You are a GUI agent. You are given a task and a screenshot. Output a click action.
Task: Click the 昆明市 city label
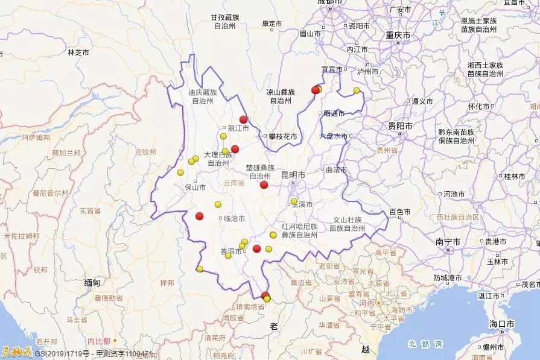tap(293, 175)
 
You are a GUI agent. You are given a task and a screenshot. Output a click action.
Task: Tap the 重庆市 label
tap(398, 36)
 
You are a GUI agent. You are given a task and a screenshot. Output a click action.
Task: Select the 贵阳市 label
tap(400, 126)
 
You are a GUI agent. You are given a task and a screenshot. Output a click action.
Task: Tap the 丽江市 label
tap(238, 128)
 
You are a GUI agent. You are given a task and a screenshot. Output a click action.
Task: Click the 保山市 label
tap(195, 188)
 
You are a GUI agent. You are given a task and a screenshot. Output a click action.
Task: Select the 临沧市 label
tap(234, 218)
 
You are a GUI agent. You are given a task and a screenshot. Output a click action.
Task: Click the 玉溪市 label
tap(301, 204)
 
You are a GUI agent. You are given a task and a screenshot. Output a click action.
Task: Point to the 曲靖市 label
tap(337, 170)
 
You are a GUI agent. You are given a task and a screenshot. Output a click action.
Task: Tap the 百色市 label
tap(399, 212)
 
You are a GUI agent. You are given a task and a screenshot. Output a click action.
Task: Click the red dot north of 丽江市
tap(244, 119)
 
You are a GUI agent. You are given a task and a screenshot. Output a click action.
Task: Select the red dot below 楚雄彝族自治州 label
tap(264, 185)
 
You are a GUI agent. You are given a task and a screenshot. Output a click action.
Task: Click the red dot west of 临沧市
tap(200, 216)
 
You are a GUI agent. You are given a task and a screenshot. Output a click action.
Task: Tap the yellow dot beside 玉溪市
tap(294, 201)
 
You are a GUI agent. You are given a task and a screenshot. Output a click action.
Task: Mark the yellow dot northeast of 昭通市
tap(357, 90)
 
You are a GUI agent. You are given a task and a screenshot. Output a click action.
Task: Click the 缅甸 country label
tap(92, 282)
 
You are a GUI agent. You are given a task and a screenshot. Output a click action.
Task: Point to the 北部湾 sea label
tap(425, 344)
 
